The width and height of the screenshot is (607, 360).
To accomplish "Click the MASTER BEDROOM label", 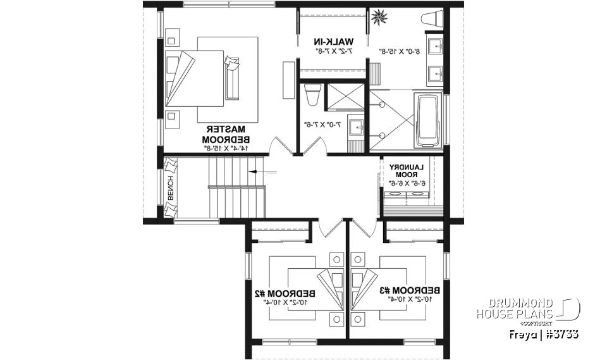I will [x=227, y=133].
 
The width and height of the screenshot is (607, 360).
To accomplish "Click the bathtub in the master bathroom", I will [x=429, y=118].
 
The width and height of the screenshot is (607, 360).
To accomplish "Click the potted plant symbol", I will [x=381, y=17].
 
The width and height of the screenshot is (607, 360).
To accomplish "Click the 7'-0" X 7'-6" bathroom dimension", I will [x=322, y=125].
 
